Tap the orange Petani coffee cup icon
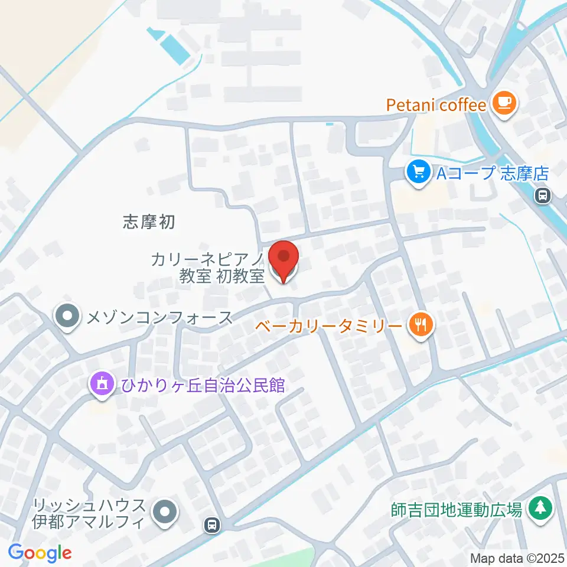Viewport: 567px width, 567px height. [x=504, y=105]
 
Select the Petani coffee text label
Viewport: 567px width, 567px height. [x=436, y=106]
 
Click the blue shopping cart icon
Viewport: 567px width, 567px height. [x=418, y=172]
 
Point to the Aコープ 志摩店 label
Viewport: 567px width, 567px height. [x=493, y=173]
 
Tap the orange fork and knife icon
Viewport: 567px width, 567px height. [x=420, y=324]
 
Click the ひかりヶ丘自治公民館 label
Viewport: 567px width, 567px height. [x=203, y=386]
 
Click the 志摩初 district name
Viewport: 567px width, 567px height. [x=149, y=222]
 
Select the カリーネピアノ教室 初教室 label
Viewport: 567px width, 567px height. [x=207, y=268]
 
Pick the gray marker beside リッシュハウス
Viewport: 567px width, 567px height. [x=165, y=513]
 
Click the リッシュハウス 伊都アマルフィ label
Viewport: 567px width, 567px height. [x=89, y=513]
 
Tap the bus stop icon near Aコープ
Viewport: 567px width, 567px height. [x=542, y=195]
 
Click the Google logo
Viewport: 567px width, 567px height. [x=40, y=553]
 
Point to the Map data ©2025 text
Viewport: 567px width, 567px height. [x=517, y=558]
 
